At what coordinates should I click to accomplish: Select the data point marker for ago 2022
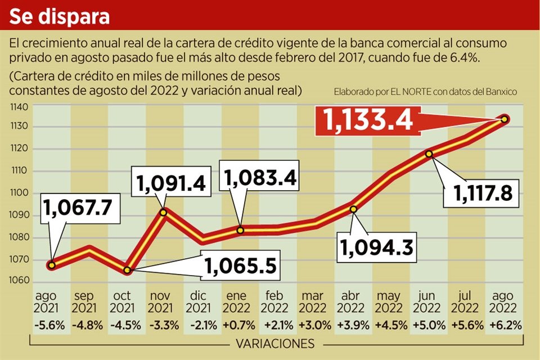click(505, 119)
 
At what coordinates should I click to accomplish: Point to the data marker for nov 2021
click(164, 212)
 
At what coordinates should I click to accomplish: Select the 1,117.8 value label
click(477, 194)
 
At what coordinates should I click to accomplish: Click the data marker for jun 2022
click(429, 154)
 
